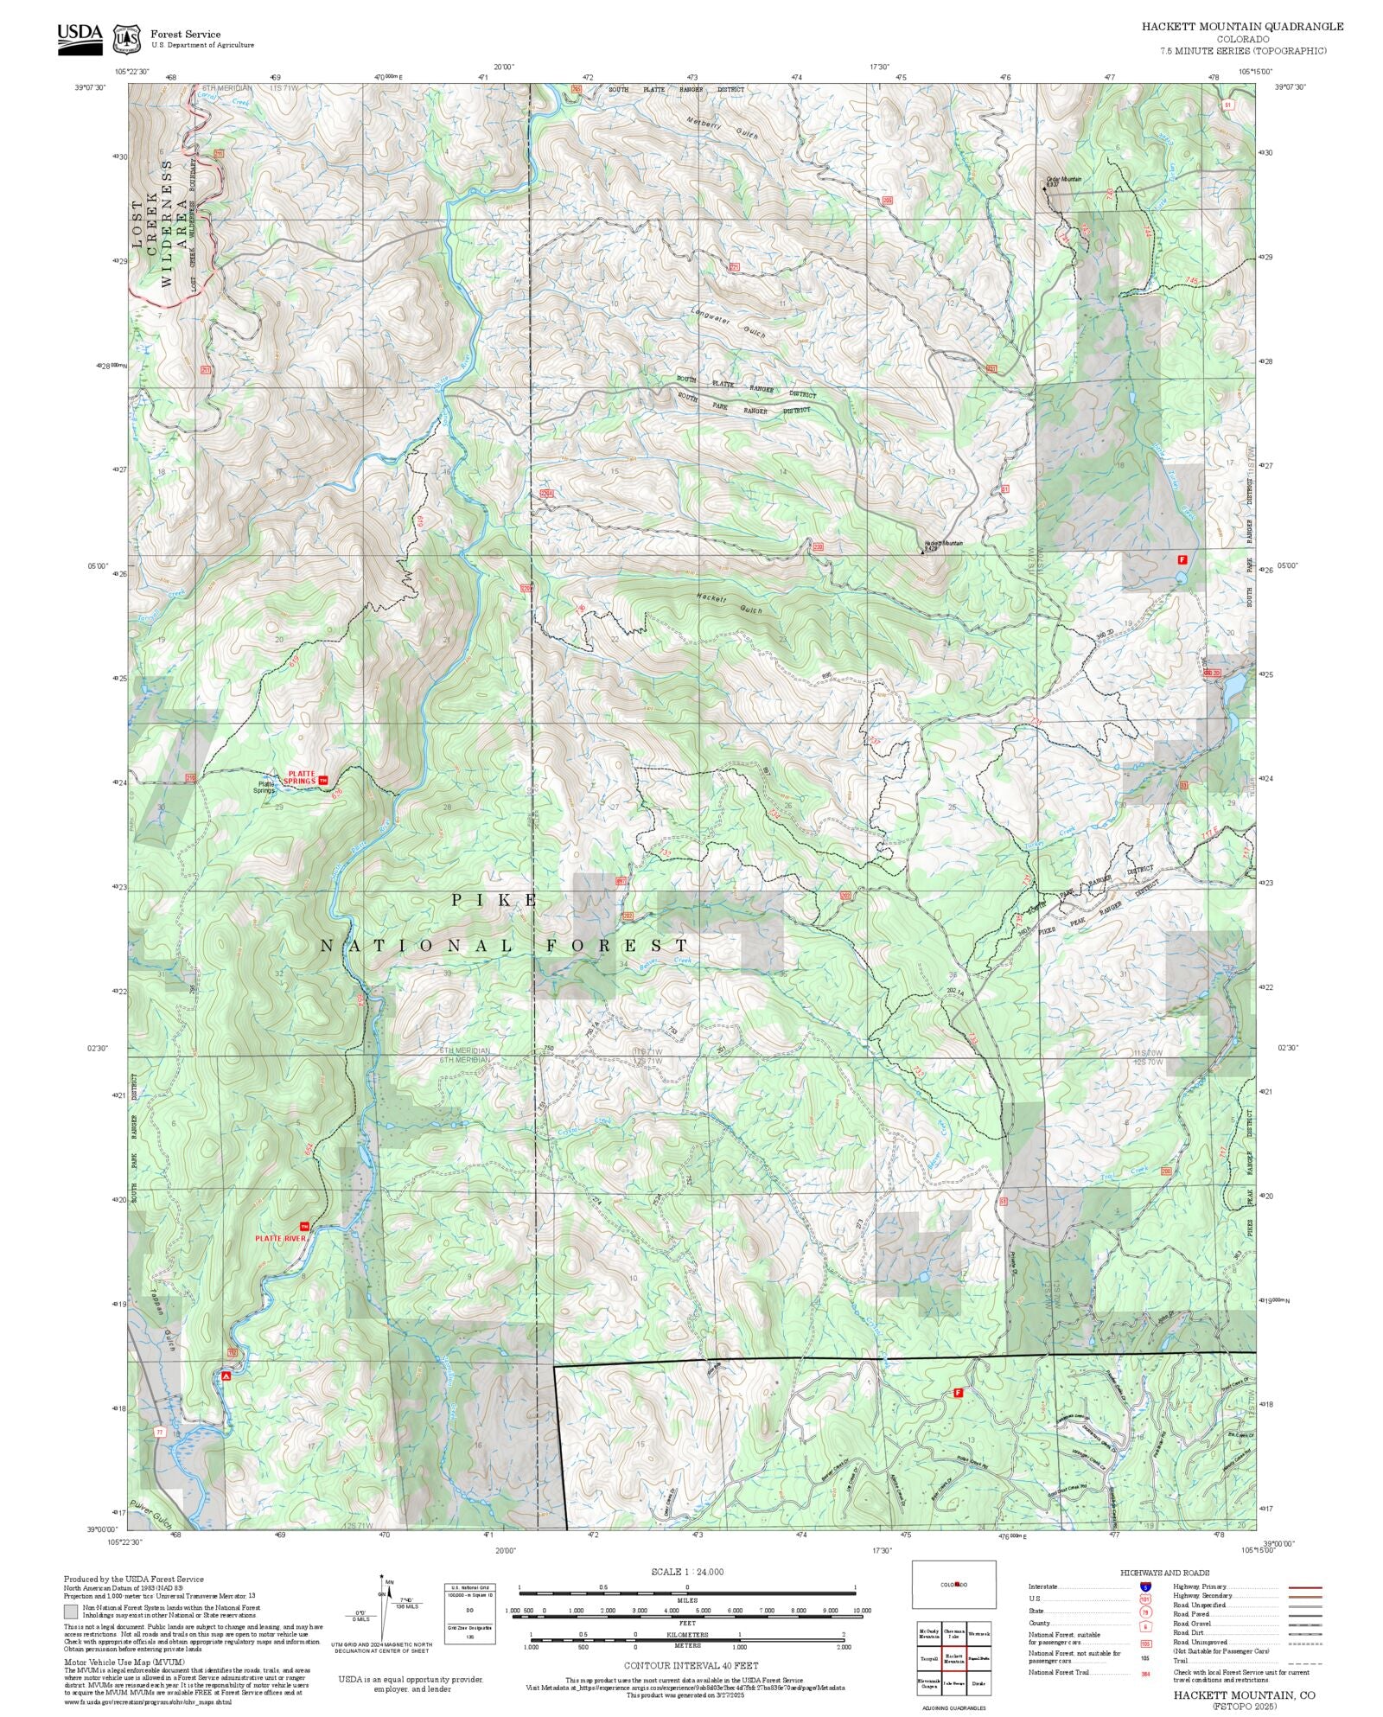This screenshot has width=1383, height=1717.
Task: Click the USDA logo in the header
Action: [x=80, y=38]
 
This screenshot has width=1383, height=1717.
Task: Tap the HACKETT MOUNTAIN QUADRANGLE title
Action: [x=1242, y=27]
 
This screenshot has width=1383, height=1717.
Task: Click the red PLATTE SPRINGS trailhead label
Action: [x=302, y=777]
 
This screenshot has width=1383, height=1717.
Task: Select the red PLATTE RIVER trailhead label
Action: [x=280, y=1238]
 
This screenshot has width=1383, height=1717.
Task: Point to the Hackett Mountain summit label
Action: [x=943, y=544]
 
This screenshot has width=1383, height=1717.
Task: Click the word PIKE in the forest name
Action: [x=495, y=901]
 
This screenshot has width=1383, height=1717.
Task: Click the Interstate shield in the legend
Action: [x=1144, y=1587]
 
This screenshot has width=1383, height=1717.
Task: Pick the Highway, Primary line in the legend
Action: [x=1304, y=1587]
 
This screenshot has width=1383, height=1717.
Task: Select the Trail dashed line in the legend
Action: [x=1304, y=1661]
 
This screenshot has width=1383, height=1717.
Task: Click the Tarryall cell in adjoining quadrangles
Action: [x=929, y=1659]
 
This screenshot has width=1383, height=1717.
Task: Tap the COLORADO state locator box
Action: [x=953, y=1584]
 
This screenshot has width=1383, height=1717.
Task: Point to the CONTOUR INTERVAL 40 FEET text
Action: [x=691, y=1664]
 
